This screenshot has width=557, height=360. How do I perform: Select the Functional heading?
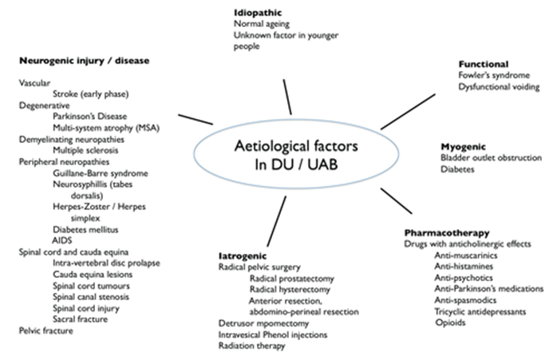click(x=484, y=63)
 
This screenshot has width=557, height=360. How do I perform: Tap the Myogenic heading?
click(x=464, y=146)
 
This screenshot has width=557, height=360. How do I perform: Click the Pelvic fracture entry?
click(x=46, y=329)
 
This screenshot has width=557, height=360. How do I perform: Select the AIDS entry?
click(x=62, y=239)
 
